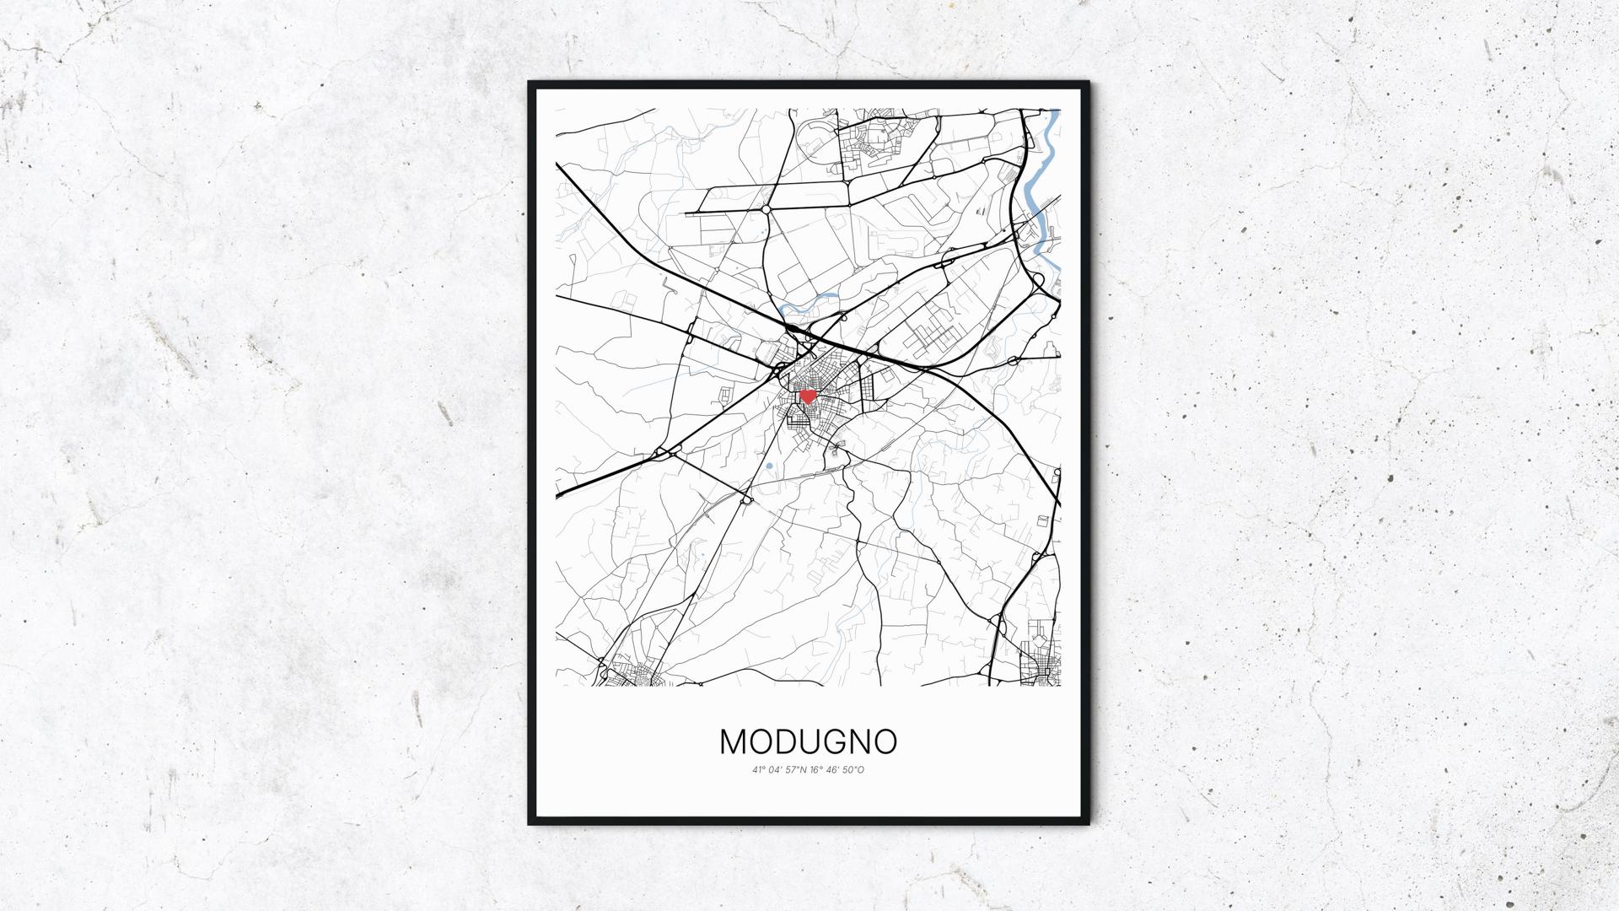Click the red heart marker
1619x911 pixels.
pyautogui.click(x=807, y=396)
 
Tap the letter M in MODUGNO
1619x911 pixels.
pyautogui.click(x=736, y=741)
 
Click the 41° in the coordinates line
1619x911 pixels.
pyautogui.click(x=759, y=770)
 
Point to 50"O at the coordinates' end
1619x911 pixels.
pyautogui.click(x=854, y=770)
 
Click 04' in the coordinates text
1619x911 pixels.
pyautogui.click(x=777, y=770)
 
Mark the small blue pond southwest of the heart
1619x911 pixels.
pyautogui.click(x=770, y=465)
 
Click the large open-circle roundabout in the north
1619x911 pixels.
pyautogui.click(x=766, y=208)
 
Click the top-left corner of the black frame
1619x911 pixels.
pyautogui.click(x=530, y=84)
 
